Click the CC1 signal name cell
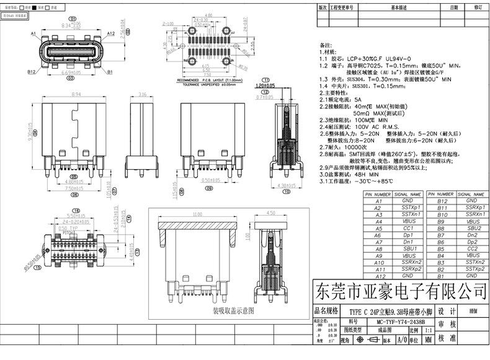[x=407, y=228]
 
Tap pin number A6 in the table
[x=378, y=235]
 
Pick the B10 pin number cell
[x=442, y=214]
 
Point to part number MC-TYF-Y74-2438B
[x=401, y=322]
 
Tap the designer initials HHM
[x=473, y=311]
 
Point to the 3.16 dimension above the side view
[x=142, y=94]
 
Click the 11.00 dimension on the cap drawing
[x=197, y=214]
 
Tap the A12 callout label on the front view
[x=111, y=33]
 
